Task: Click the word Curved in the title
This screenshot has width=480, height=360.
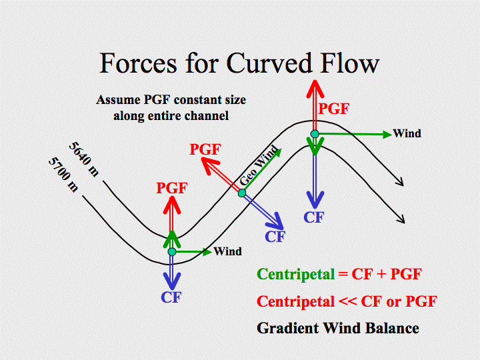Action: point(269,63)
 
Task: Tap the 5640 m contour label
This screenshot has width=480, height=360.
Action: point(84,159)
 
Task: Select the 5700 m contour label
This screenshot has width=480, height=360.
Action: point(63,175)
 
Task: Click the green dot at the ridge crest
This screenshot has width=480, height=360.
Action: point(315,134)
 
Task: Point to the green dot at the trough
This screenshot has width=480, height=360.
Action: point(172,252)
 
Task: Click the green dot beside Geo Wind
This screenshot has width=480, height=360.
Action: point(242,193)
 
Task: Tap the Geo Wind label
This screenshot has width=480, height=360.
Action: point(259,165)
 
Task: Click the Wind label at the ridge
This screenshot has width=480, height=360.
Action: point(407,133)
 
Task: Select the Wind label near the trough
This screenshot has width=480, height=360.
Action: point(228,251)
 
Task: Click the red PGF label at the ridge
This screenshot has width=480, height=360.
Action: point(334,109)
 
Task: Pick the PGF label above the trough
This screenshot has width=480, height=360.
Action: point(171,187)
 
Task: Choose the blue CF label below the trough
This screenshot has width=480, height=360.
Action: point(171,297)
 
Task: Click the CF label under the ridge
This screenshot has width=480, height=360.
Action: point(314,217)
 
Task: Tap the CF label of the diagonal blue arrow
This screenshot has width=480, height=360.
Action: point(275,237)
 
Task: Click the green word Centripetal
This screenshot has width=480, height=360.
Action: point(296,274)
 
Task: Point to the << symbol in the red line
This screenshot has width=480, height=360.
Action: point(347,301)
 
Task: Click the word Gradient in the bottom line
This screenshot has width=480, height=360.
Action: point(288,328)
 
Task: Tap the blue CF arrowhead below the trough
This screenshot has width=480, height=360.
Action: point(172,281)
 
